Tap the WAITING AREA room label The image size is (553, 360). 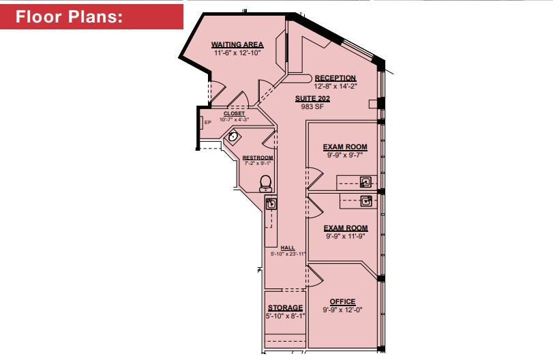point(237,44)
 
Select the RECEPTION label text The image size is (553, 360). point(335,78)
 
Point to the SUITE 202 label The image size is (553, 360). point(312,98)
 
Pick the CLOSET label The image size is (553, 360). point(234,113)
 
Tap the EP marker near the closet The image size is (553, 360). point(207,123)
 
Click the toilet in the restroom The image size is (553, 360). point(266,183)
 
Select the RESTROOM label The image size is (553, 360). point(258,158)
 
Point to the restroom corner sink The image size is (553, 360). point(233,137)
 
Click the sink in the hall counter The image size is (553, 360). point(271,203)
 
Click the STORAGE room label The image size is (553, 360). point(285,308)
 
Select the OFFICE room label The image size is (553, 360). point(342,302)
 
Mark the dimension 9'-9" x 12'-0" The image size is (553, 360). point(342,310)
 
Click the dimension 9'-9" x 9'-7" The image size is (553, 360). point(345,155)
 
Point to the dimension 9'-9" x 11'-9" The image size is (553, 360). point(345,237)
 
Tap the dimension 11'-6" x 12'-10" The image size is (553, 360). point(237,52)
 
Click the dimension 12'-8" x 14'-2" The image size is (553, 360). point(335,87)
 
